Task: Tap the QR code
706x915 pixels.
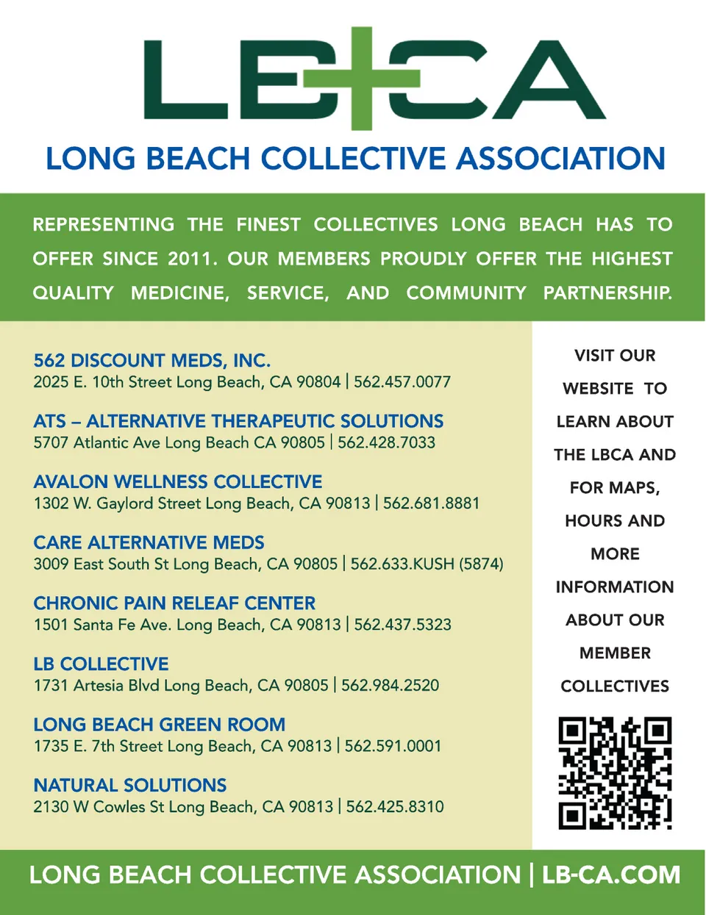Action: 615,773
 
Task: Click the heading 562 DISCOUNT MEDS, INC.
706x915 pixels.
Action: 152,361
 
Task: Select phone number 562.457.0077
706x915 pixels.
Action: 402,382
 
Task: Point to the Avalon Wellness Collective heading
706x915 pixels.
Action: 178,482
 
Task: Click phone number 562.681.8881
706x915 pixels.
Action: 431,503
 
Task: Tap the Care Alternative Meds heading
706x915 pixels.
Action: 149,543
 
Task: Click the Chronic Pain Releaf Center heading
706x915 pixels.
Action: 174,603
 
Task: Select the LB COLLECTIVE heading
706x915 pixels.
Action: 101,664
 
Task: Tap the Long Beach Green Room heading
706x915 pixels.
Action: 160,725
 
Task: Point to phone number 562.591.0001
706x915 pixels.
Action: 393,747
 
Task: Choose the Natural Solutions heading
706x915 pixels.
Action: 130,786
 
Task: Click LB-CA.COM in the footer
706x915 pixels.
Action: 611,875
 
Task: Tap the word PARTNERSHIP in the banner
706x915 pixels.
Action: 607,293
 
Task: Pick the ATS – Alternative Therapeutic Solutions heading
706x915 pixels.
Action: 238,422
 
